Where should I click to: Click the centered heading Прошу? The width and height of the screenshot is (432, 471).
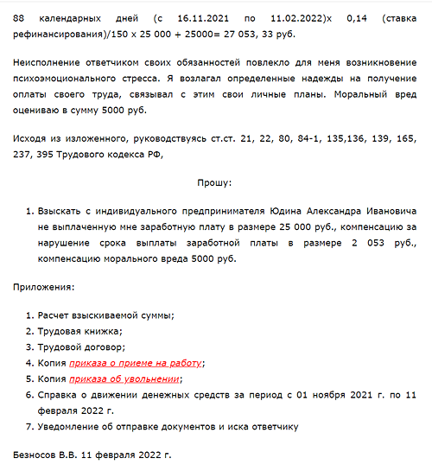pos(215,183)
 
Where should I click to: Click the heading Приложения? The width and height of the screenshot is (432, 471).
pos(44,286)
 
